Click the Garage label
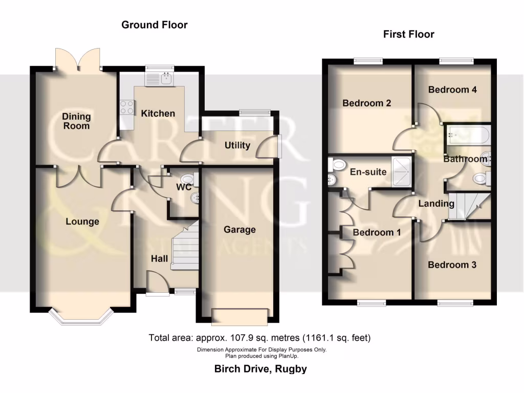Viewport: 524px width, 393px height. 239,230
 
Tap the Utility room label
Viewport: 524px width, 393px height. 237,145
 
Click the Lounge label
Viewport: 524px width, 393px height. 82,222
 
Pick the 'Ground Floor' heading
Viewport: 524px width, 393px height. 154,25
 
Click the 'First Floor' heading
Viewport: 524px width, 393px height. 408,34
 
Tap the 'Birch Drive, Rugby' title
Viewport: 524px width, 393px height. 261,369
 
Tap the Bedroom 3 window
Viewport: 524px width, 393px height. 452,303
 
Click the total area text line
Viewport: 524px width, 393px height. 259,338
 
